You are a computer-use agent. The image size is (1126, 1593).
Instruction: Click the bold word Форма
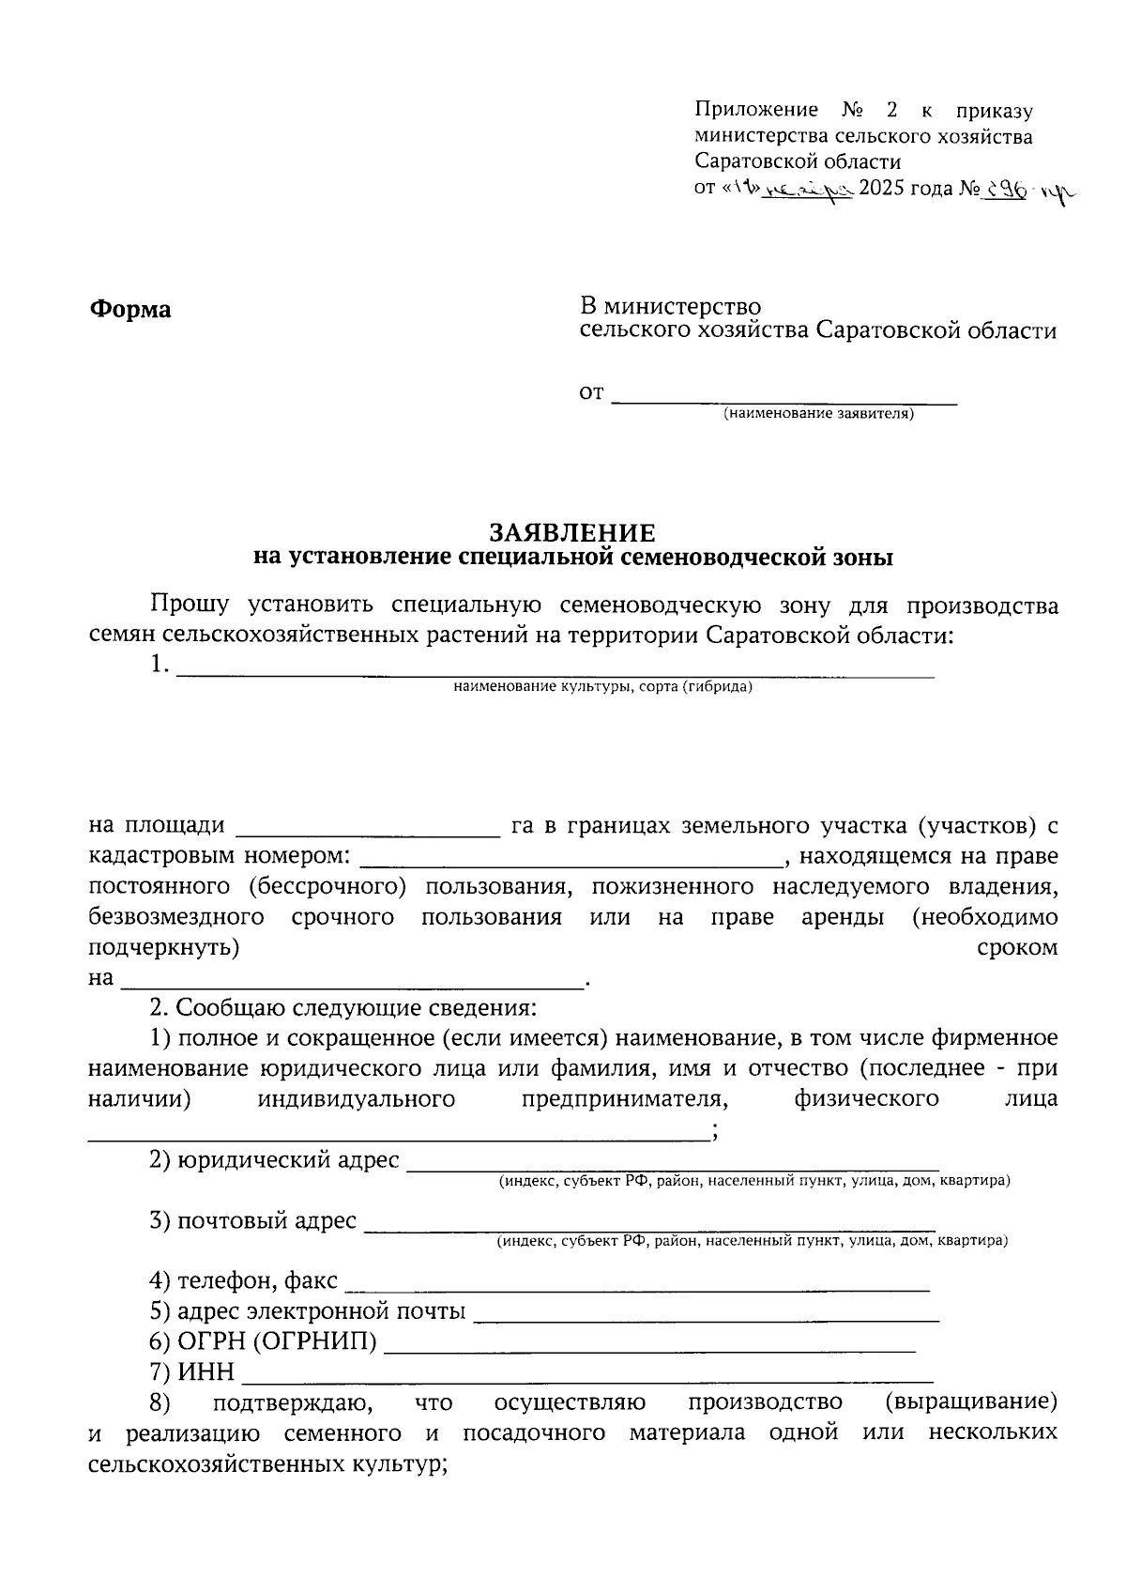point(130,309)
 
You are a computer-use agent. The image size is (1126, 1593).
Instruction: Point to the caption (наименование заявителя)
point(817,414)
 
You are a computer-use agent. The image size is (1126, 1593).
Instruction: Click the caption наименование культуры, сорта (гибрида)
point(602,687)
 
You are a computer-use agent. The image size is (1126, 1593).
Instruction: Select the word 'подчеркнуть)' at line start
point(164,948)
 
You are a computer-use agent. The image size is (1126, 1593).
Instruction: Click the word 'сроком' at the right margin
point(1017,948)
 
